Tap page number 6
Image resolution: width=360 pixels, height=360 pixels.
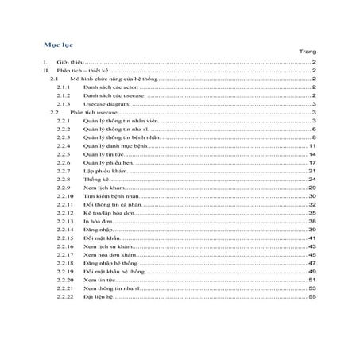(315, 130)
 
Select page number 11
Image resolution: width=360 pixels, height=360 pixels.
(313, 146)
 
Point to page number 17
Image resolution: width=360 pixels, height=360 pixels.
(313, 163)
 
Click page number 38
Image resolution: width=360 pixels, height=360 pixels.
(313, 222)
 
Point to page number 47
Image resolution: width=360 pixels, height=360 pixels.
(313, 263)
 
